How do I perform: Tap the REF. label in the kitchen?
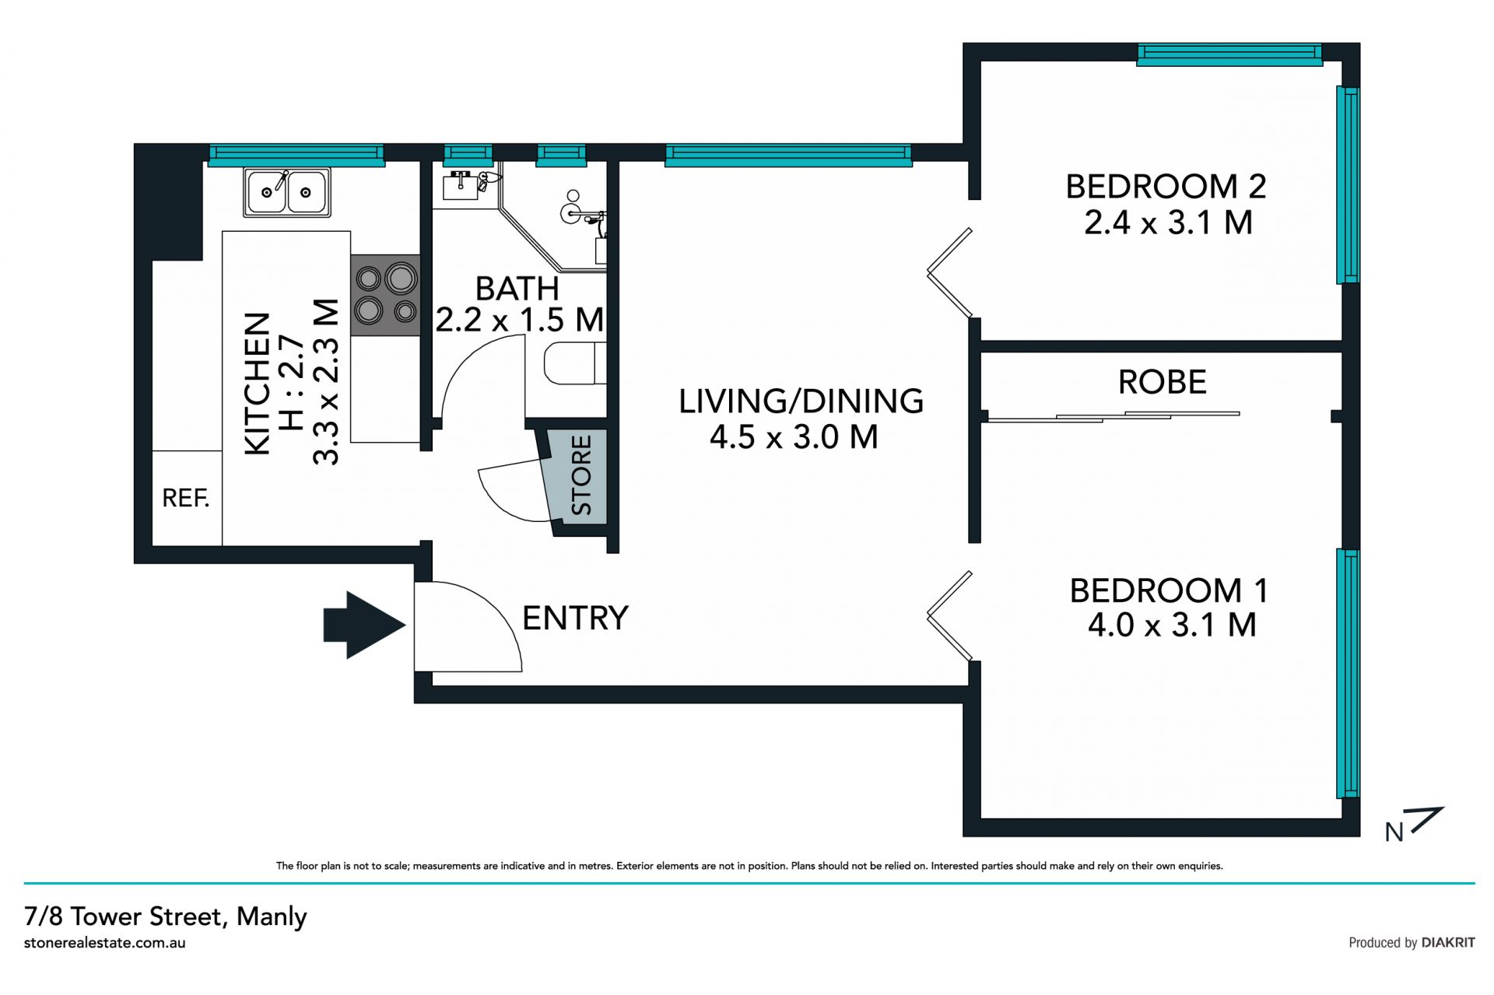tap(186, 498)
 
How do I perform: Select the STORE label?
tap(581, 475)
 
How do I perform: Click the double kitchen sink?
tap(287, 191)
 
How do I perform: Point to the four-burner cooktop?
tap(385, 295)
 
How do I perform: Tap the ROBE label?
tap(1163, 382)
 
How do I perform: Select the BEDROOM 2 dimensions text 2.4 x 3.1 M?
tap(1168, 223)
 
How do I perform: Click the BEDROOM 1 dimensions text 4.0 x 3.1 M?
tap(1172, 625)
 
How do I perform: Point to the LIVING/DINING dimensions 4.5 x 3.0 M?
tap(794, 437)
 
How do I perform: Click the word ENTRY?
tap(575, 618)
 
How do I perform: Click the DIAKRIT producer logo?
tap(1448, 943)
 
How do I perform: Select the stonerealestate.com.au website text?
tap(105, 943)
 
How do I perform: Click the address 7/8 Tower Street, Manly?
tap(166, 916)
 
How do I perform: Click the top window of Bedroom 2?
tap(1229, 54)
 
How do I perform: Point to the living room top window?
tap(788, 155)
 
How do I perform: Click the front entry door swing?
tap(468, 626)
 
